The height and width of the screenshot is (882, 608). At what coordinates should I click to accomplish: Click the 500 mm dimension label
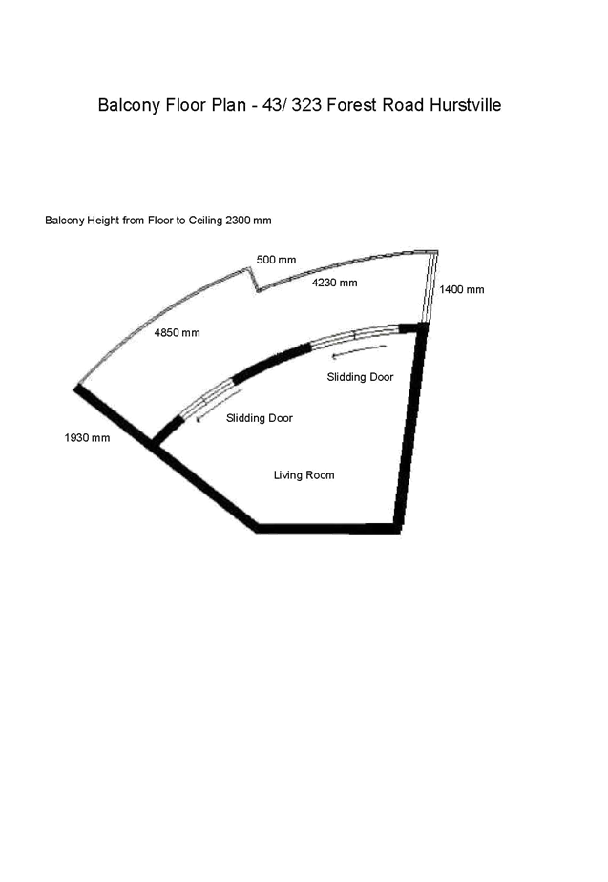coord(276,260)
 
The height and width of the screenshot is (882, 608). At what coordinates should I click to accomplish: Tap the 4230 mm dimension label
coord(335,283)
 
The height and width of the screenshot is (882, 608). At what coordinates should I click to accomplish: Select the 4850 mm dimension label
coord(178,333)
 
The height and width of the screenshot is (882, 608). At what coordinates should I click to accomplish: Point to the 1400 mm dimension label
coord(462,289)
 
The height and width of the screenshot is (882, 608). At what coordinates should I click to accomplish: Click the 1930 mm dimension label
coord(87,438)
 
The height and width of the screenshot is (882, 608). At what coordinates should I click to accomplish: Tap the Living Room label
coord(304,475)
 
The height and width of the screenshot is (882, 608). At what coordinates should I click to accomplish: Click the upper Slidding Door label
coord(360,377)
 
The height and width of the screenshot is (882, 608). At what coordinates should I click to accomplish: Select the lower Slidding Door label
coord(260,418)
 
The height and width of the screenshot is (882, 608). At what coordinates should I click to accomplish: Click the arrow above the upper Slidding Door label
coord(360,351)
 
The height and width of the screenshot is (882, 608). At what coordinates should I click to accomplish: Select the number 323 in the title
coord(306,105)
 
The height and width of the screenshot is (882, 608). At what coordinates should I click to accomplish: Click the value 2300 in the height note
coord(238,220)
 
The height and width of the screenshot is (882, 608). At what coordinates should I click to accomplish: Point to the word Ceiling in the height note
coord(205,220)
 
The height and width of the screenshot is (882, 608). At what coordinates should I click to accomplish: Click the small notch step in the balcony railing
coord(254,280)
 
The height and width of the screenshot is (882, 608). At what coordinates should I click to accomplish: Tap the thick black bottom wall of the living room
coord(328,528)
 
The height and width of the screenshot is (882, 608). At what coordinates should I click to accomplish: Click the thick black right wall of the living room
coord(411,428)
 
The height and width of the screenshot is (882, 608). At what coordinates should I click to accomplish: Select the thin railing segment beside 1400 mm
coord(430,287)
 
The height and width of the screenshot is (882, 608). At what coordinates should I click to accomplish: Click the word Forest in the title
coord(352,105)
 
